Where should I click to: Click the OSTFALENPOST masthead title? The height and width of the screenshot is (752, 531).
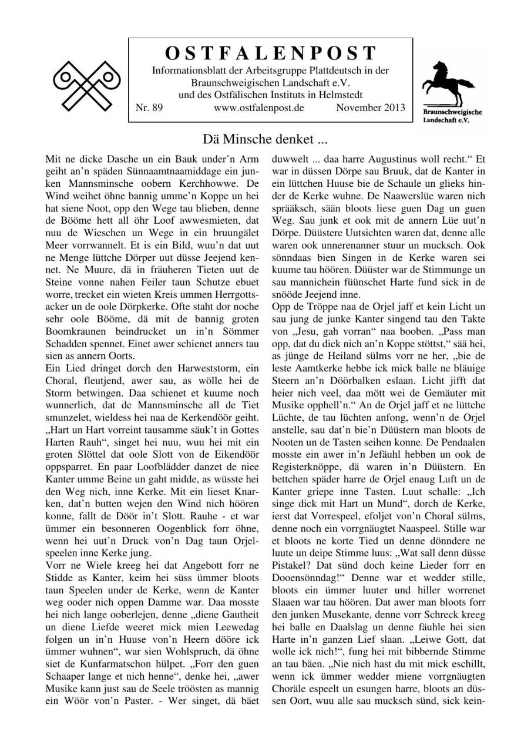pos(270,53)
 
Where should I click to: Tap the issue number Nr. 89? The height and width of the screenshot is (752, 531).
pos(149,108)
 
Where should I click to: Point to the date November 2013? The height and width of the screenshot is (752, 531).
pos(371,108)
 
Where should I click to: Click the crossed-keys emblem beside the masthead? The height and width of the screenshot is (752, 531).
pos(87,86)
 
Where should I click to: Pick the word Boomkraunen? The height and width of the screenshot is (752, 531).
pos(73,331)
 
